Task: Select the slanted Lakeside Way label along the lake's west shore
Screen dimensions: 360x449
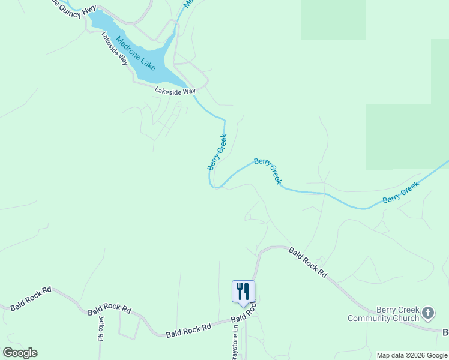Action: (115, 48)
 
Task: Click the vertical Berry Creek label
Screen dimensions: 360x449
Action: (217, 152)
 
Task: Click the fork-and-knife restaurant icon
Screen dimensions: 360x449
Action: (243, 291)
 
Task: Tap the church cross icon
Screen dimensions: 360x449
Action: (427, 313)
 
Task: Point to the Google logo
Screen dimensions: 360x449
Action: (20, 353)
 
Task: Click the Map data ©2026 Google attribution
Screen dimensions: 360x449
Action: (412, 355)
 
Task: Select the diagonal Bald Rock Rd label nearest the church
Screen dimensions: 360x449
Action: (307, 262)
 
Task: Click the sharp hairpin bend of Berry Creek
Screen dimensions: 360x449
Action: (212, 186)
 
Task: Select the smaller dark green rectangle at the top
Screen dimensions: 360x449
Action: (333, 20)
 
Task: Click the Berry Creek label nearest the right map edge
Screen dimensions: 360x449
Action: (400, 193)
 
